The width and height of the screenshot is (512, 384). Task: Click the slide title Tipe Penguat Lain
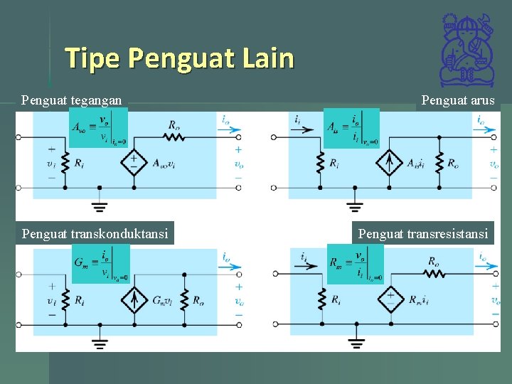coord(179,58)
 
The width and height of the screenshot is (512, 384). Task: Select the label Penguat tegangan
coord(71,100)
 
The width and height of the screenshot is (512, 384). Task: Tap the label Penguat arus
coord(458,100)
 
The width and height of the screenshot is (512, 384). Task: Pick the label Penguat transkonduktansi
coord(95,233)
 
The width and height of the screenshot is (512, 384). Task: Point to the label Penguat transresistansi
coord(424,233)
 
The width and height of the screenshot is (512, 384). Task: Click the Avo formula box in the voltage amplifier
coord(99,127)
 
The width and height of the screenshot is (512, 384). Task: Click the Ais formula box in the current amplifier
coord(351,128)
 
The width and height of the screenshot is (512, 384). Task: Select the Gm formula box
coord(101,263)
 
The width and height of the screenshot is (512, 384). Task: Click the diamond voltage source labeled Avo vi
coord(134,163)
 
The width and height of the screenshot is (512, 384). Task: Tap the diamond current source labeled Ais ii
coord(389,163)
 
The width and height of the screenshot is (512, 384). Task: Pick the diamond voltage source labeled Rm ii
coord(390,299)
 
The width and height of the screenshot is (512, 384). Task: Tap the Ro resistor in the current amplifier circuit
coord(440,163)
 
